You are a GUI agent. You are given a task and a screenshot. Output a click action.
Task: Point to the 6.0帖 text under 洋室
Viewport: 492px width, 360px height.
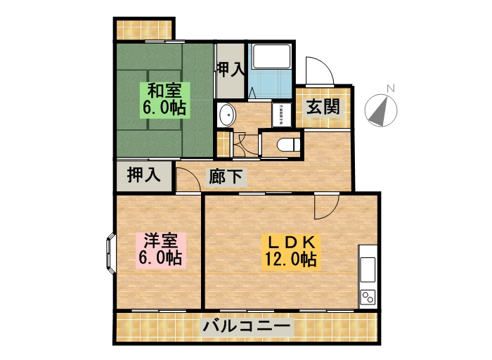pos(161,258)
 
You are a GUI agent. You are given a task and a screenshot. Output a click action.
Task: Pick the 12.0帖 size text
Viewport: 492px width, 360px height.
pos(292,259)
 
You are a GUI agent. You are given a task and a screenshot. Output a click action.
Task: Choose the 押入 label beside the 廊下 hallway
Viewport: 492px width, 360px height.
pos(143,175)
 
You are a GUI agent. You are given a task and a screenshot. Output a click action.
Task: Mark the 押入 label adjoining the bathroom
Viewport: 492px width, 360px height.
pos(230,69)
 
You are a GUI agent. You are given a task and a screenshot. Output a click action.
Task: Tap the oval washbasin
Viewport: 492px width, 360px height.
pos(226,114)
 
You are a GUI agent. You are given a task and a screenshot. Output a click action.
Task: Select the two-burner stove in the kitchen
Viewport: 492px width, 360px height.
pos(368,297)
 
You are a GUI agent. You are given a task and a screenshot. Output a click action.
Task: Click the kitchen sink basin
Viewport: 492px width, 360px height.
pos(368,269)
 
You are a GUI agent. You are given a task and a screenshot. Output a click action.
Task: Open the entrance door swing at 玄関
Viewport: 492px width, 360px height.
pos(318,71)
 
